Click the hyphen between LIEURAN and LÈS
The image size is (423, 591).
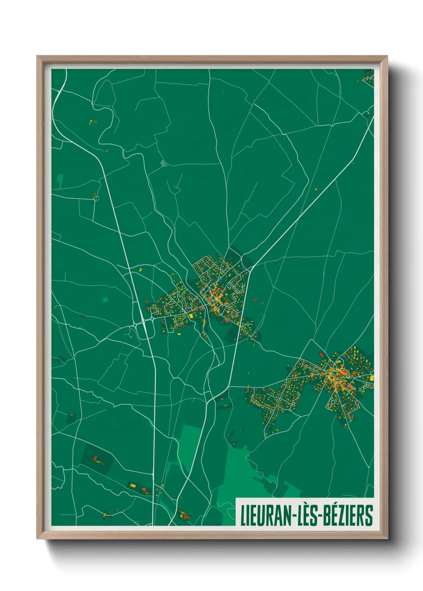click(x=295, y=516)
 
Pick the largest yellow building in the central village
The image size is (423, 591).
click(x=191, y=316)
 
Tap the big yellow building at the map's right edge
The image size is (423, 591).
click(x=372, y=378)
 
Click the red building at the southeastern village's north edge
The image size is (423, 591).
click(x=321, y=355)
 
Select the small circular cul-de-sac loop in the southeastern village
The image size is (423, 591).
click(x=364, y=387)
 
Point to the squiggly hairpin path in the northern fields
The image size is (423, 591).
click(x=163, y=163)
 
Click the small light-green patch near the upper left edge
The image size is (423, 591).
click(x=60, y=178)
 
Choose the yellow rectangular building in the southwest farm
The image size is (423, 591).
click(x=133, y=486)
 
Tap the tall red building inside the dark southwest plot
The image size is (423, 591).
click(x=95, y=458)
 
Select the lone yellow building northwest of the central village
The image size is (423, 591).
click(x=141, y=270)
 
